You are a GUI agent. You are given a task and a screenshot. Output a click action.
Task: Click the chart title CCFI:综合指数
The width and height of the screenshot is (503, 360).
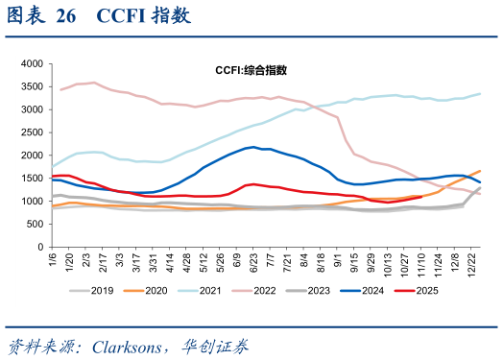tap(251, 70)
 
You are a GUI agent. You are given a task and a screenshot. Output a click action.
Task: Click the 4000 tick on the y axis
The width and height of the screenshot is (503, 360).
tap(31, 62)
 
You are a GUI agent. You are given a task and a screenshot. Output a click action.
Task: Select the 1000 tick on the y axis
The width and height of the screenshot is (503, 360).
tap(31, 202)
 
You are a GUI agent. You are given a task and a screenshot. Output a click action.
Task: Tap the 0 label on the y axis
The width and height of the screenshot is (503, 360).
tap(39, 248)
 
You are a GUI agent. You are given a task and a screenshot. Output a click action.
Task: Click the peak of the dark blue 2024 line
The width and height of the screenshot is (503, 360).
tap(253, 147)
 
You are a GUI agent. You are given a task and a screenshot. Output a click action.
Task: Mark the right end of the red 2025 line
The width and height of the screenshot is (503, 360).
tap(421, 197)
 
